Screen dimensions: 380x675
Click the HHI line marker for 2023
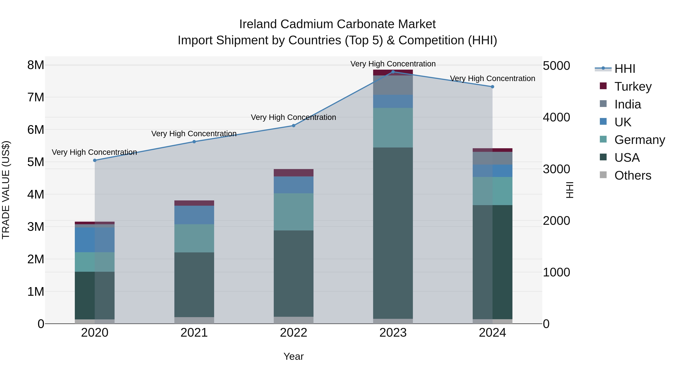tap(393, 72)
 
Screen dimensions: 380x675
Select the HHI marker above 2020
tap(95, 160)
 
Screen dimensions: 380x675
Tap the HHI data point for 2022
tap(293, 126)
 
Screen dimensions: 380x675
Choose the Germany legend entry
tap(639, 140)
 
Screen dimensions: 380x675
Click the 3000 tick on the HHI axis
tap(556, 169)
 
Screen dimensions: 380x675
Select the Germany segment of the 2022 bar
tap(293, 212)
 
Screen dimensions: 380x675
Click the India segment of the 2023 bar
tap(393, 85)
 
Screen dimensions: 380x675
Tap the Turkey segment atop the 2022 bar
tap(293, 173)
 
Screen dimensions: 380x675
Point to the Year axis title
tap(293, 356)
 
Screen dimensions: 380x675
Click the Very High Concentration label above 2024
tap(492, 78)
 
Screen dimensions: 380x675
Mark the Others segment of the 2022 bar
tap(293, 320)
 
